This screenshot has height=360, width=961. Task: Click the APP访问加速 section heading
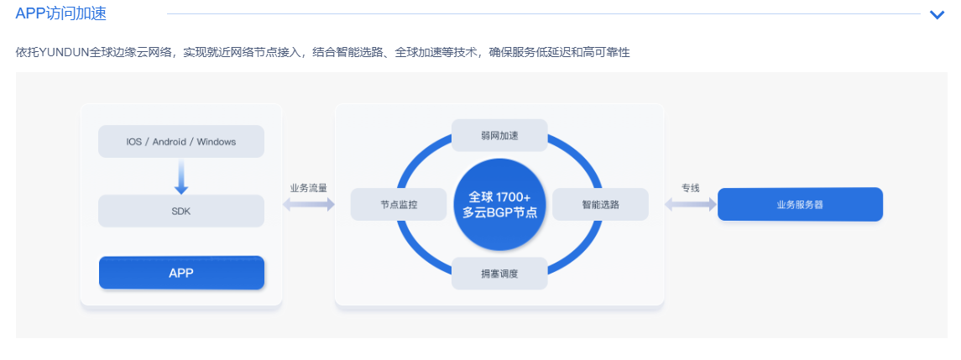tap(60, 13)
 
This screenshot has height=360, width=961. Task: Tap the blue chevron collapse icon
tap(937, 14)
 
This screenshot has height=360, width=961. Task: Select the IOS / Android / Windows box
tap(181, 141)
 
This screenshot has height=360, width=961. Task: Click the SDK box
tap(181, 211)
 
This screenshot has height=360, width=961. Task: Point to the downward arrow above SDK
tap(181, 176)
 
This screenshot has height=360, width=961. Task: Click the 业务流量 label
tap(308, 188)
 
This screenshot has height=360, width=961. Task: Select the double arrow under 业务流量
tap(308, 204)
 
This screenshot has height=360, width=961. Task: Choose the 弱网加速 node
tap(499, 135)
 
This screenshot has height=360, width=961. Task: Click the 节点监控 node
tap(399, 204)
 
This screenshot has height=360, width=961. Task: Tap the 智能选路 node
tap(600, 204)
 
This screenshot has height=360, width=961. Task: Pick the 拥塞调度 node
tap(499, 273)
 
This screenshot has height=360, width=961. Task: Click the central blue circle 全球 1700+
tap(499, 204)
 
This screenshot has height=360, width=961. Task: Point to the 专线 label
tap(690, 188)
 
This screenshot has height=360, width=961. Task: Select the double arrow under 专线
tap(690, 204)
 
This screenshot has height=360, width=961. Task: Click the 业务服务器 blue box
tap(800, 204)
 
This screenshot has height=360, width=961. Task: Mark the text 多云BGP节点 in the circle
tap(499, 213)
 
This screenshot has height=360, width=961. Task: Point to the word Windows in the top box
tap(217, 141)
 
